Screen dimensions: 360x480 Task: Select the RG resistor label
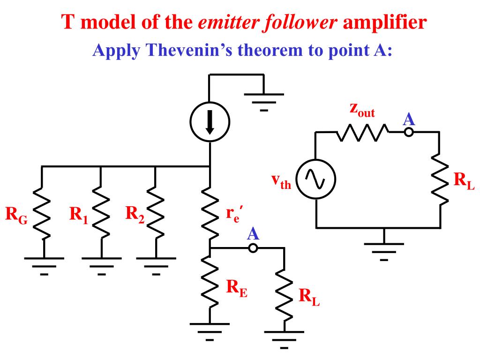(x=16, y=216)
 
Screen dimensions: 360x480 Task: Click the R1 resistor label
(x=79, y=215)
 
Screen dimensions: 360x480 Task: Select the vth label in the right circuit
(x=281, y=181)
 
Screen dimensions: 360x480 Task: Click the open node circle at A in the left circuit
(x=253, y=248)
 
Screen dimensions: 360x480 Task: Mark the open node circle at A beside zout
(x=409, y=132)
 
